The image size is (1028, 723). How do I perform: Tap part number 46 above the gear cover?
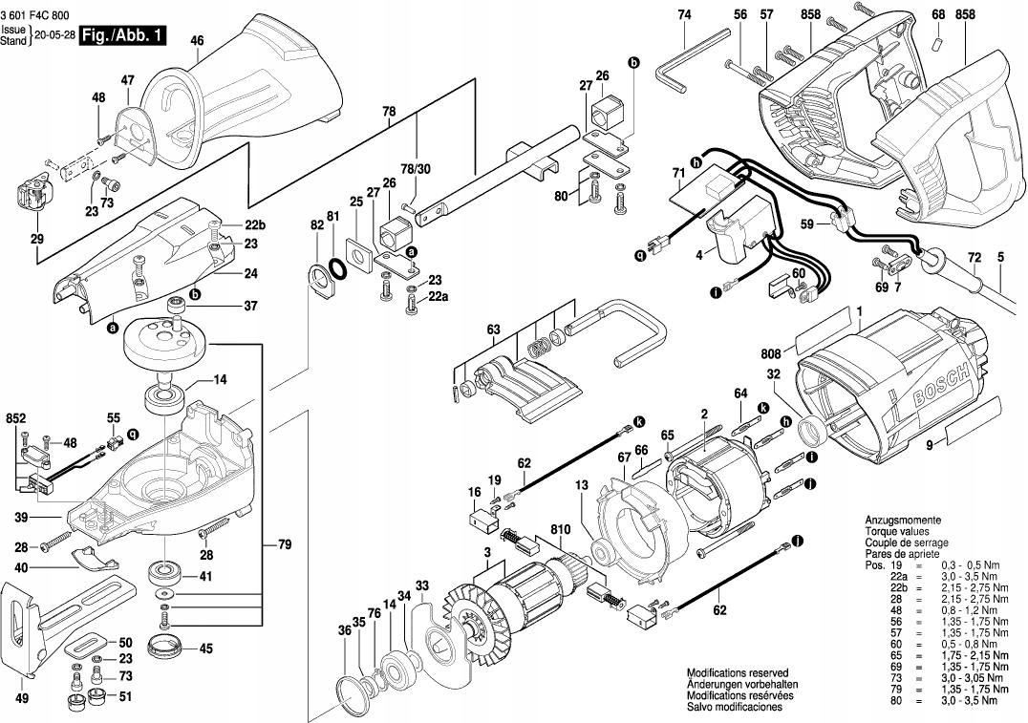197,41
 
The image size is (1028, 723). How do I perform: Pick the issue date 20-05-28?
54,36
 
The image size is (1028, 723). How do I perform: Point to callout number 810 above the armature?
561,528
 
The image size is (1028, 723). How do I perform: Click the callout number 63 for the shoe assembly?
492,330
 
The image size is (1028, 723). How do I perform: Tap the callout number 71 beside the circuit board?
678,174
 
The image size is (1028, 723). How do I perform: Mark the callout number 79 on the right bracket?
284,544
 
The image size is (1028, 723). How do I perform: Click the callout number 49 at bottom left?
22,698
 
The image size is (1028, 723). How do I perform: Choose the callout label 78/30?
417,169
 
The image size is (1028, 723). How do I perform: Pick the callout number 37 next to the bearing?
250,306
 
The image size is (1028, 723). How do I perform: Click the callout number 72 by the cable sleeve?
974,258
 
